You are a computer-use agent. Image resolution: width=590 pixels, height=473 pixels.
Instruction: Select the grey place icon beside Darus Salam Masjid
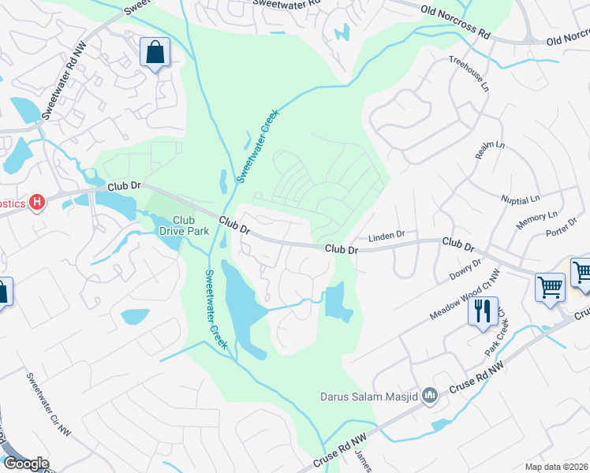430,395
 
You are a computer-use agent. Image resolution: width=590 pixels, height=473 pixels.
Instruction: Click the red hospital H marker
36,203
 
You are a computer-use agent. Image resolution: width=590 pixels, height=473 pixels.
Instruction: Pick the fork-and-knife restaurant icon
483,310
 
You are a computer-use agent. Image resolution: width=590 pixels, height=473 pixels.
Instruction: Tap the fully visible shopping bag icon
155,54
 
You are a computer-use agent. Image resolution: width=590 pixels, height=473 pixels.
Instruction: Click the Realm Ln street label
489,150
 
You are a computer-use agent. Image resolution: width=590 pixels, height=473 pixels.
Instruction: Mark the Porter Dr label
561,233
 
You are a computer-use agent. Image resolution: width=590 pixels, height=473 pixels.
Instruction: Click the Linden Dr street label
386,235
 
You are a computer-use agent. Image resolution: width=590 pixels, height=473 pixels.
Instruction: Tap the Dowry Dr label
465,270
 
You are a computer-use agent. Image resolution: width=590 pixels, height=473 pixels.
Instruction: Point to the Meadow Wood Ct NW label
465,296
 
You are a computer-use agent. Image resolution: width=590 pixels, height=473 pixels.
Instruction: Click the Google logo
25,463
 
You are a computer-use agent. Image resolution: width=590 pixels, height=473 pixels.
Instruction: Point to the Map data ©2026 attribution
557,467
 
